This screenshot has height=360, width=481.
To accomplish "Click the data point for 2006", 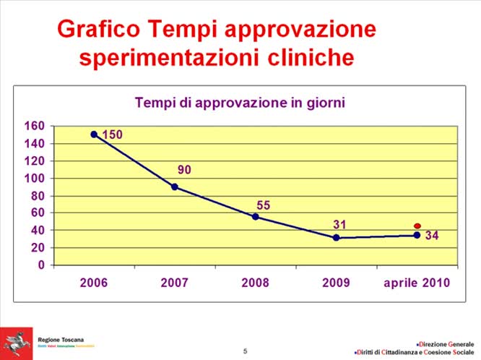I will (x=94, y=134).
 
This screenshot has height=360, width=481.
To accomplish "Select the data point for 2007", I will (x=175, y=187).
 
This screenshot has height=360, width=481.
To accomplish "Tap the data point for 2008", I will (x=256, y=217).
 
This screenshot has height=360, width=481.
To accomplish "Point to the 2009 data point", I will (x=336, y=238).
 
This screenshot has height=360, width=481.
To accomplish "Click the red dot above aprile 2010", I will (x=417, y=226).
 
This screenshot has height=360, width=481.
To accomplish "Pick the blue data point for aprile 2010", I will (x=417, y=235).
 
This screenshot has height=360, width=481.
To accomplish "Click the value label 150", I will (x=112, y=135).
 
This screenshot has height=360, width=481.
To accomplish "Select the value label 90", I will (x=184, y=171).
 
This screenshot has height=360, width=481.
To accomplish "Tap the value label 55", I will (x=265, y=205).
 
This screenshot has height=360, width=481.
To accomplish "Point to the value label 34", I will (x=431, y=236).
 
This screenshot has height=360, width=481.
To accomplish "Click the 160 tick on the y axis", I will (x=36, y=127).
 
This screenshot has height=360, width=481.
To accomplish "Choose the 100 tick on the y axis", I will (x=36, y=179).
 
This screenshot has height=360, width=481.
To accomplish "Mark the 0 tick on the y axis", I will (x=41, y=265).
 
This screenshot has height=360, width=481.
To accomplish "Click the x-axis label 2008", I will (x=255, y=283).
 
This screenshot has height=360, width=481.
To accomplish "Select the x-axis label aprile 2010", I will (x=416, y=283).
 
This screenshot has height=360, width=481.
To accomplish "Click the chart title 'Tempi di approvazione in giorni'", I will (x=240, y=103).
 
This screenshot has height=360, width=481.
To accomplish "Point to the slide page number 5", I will (x=245, y=351).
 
